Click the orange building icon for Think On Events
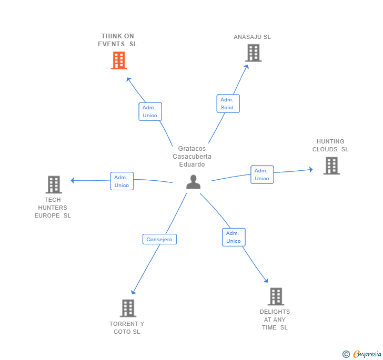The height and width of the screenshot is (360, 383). [x=119, y=60]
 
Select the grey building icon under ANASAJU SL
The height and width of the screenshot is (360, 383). [x=253, y=53]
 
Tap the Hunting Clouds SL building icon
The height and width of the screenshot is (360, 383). [x=331, y=166]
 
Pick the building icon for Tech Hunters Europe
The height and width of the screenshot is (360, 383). [x=54, y=184]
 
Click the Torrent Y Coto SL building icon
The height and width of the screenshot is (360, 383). [x=128, y=308]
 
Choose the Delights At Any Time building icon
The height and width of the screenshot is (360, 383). [x=276, y=296]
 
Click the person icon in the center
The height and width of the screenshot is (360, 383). [x=194, y=182]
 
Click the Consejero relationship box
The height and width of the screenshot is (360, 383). [x=160, y=239]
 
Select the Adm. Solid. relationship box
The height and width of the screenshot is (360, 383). [x=228, y=104]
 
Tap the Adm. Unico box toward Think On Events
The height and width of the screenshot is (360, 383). [x=150, y=111]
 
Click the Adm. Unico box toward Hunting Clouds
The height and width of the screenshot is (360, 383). [x=262, y=174]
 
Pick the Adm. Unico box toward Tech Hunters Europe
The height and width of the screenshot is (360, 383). [x=122, y=181]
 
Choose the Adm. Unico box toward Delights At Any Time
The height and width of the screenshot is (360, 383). [x=234, y=237]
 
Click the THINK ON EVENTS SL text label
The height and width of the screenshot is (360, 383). [x=117, y=40]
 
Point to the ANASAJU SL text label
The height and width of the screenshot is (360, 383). [x=253, y=37]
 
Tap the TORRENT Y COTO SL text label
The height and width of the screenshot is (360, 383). [x=127, y=327]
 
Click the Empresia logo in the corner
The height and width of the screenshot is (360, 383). [x=362, y=354]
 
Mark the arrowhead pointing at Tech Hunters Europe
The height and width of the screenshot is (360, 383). [x=73, y=180]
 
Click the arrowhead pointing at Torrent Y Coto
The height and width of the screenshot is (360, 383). [x=133, y=292]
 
